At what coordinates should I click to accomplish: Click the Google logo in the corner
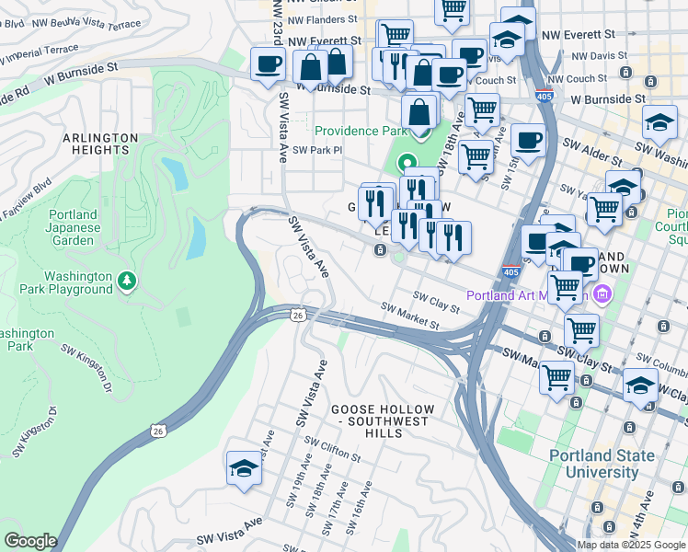[x=30, y=541]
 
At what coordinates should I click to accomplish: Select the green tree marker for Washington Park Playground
[x=129, y=279]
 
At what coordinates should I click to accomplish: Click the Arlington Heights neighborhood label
[x=100, y=144]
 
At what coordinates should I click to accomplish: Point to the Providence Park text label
[x=361, y=131]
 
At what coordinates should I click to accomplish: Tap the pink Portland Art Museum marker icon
[x=603, y=295]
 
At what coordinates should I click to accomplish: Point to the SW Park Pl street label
[x=316, y=150]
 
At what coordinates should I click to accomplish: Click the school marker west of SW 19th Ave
[x=244, y=469]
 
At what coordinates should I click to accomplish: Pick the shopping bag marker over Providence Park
[x=419, y=113]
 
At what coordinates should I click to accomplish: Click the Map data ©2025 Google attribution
[x=632, y=544]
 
